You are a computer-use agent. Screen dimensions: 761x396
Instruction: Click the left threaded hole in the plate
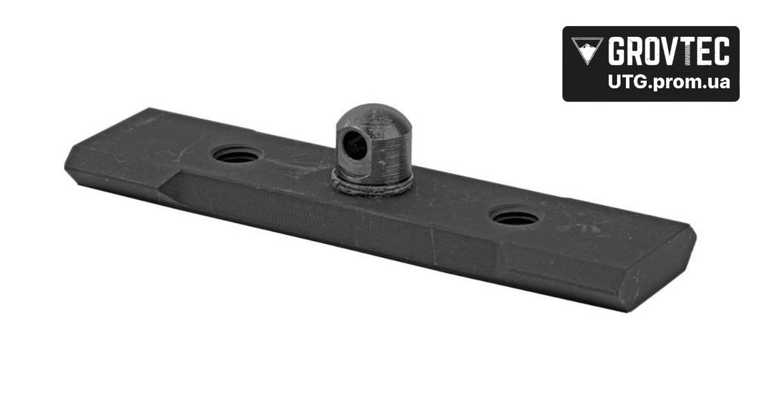point(238,154)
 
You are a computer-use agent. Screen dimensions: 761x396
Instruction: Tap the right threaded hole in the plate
point(515,216)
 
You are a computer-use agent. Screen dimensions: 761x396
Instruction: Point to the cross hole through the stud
point(355,145)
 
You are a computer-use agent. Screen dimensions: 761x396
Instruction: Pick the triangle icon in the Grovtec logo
point(587,51)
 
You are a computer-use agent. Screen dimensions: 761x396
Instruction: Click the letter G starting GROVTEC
point(618,51)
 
